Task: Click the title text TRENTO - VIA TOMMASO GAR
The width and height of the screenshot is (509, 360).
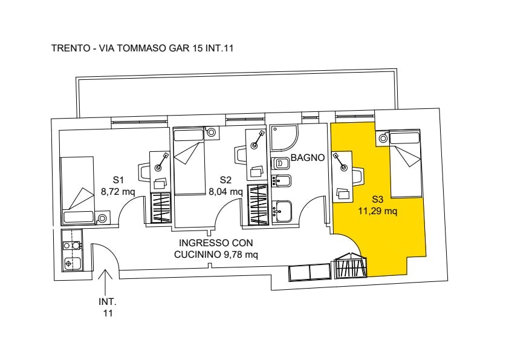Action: (x=120, y=48)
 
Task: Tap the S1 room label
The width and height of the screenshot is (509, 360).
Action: (x=118, y=180)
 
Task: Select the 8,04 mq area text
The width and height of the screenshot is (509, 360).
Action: (x=225, y=192)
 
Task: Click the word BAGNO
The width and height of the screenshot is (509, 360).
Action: (x=308, y=158)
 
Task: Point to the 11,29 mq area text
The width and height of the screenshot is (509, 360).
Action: (x=378, y=212)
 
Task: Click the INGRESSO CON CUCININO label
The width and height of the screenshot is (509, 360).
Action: (x=216, y=249)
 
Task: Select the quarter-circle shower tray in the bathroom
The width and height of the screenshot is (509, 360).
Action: (x=284, y=138)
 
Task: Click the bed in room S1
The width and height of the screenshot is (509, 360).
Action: (x=77, y=190)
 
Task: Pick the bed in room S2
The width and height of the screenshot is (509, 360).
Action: (x=189, y=161)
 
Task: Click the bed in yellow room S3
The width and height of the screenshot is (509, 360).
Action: (x=406, y=164)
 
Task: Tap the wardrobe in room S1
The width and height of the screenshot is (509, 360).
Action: (x=161, y=208)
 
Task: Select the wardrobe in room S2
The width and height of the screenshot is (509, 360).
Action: (x=258, y=205)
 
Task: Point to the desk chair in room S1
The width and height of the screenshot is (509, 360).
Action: (x=144, y=172)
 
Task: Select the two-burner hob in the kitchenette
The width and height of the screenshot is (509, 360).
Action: (x=71, y=245)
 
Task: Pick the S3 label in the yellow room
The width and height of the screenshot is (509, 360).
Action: (x=378, y=199)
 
